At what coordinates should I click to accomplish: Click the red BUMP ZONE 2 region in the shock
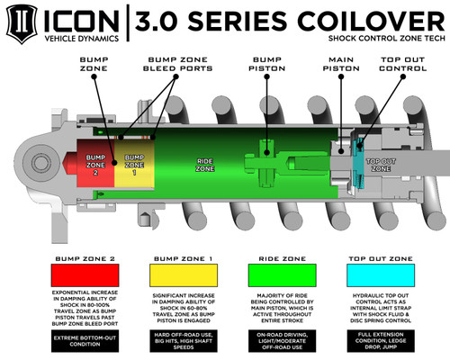95,163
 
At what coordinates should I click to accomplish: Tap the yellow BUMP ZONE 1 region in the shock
132,163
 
